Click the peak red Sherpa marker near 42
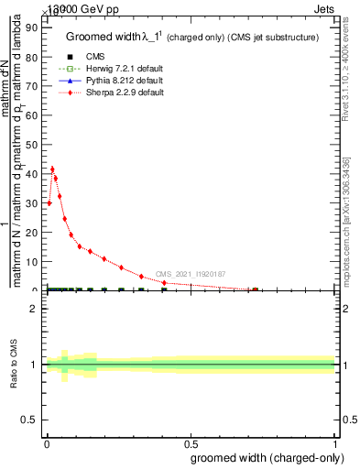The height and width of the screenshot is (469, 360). tap(52, 169)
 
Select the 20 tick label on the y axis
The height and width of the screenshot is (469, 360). tap(36, 233)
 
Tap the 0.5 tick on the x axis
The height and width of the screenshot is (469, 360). tap(190, 444)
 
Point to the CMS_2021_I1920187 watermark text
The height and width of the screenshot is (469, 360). tap(190, 274)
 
